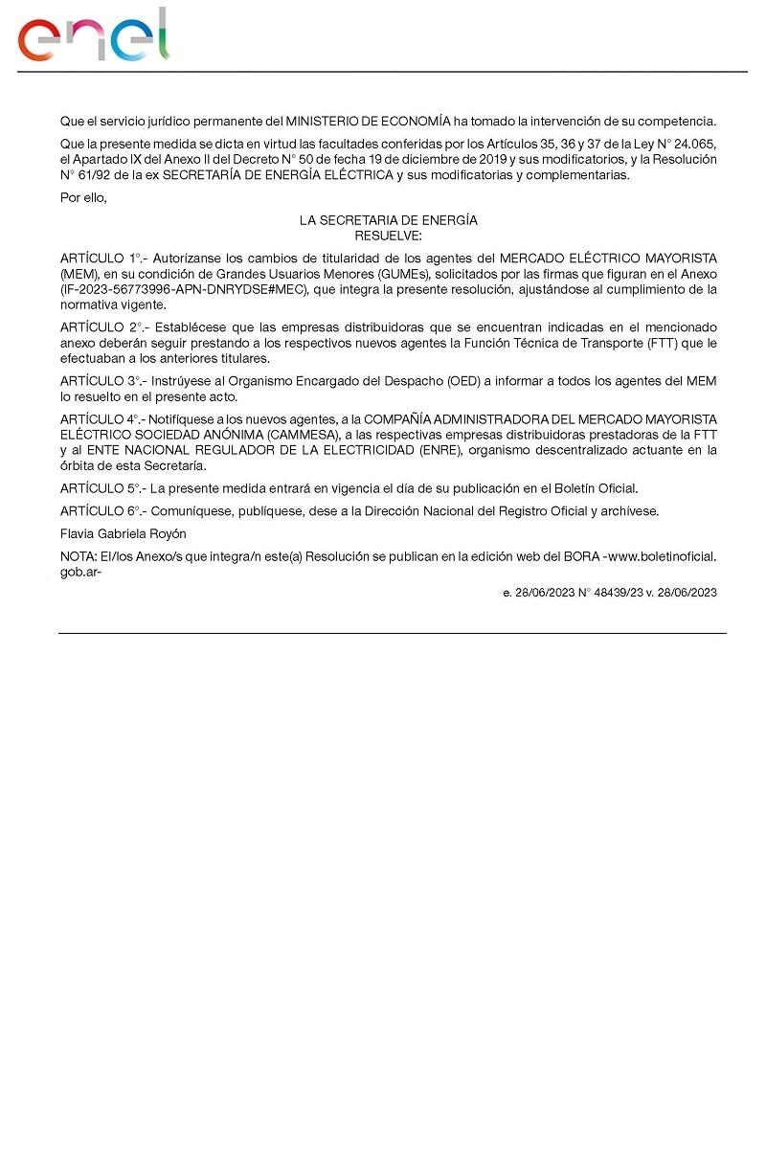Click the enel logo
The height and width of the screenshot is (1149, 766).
pos(93,36)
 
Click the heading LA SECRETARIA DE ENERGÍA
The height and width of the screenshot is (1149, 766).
pos(388,220)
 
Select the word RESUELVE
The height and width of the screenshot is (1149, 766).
pos(388,235)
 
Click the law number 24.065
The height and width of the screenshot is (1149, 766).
pos(695,145)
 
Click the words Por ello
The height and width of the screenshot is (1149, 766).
pos(82,198)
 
